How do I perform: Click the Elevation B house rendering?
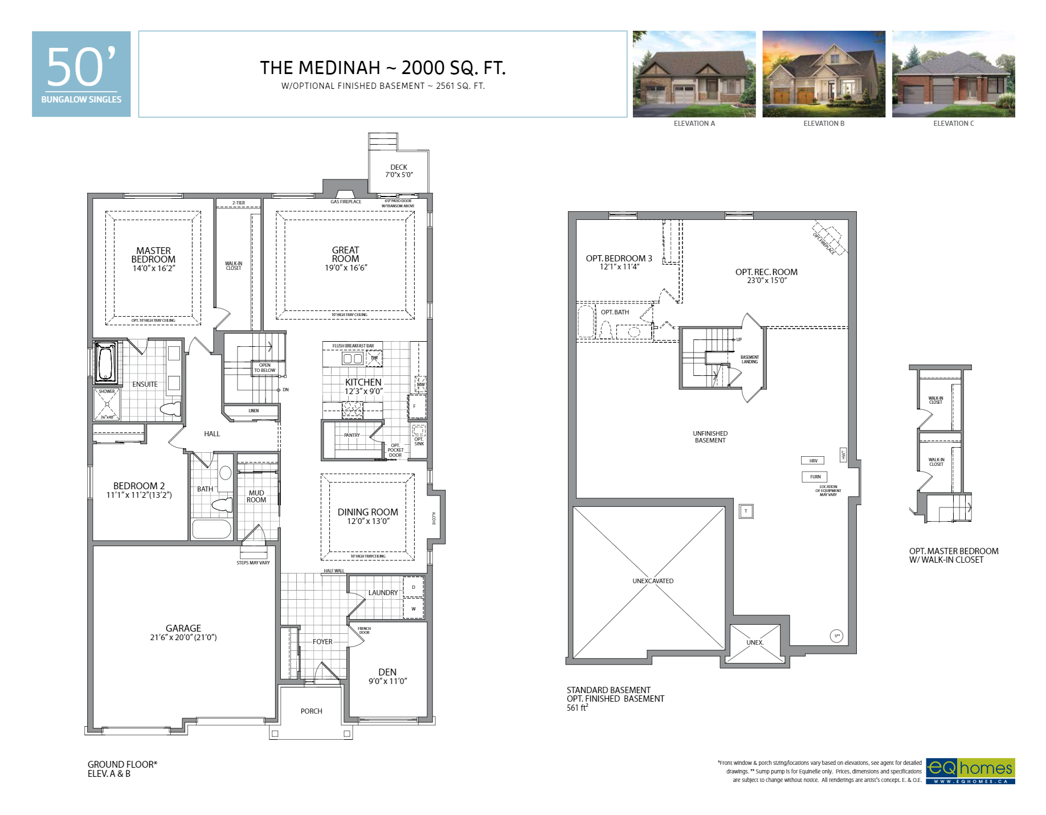click(823, 74)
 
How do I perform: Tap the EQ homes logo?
click(970, 771)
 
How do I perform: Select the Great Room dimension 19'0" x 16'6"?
click(346, 268)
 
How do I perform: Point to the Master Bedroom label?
click(153, 255)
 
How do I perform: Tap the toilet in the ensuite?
click(171, 408)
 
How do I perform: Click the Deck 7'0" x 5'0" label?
click(399, 171)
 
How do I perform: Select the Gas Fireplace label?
click(346, 202)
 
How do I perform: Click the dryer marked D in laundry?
click(414, 587)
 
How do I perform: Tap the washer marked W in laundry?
click(414, 608)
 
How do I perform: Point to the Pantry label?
click(352, 435)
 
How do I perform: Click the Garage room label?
click(183, 628)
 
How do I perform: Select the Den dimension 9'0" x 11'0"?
click(387, 681)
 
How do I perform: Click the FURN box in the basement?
click(815, 477)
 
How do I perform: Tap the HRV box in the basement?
click(813, 461)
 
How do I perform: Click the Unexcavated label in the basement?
click(652, 581)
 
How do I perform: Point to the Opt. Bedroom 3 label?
click(619, 259)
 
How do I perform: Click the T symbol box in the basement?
click(746, 511)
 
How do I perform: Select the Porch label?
click(311, 711)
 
